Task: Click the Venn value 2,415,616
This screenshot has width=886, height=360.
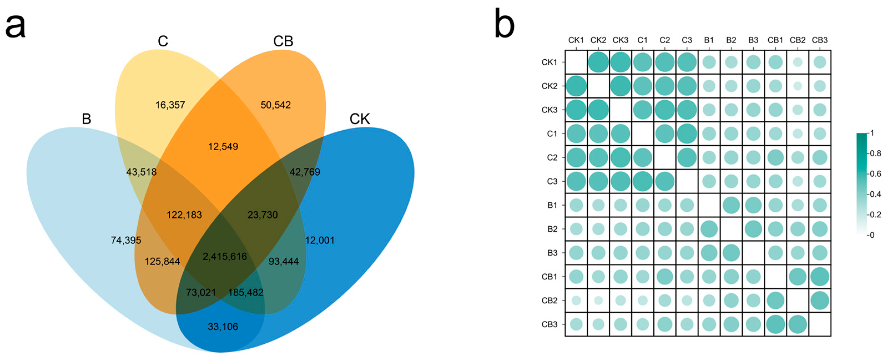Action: (224, 257)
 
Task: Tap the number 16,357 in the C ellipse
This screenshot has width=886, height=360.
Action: (170, 105)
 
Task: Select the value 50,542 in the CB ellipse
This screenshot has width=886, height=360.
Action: (276, 105)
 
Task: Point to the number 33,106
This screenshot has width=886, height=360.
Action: (223, 326)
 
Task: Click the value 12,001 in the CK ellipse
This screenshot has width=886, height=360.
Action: (320, 240)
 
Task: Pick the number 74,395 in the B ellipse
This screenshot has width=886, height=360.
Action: (126, 240)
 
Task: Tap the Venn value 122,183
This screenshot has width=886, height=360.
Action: (184, 215)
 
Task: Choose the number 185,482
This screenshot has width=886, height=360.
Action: (246, 293)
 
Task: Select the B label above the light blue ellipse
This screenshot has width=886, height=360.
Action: (86, 119)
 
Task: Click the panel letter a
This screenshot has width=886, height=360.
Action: (16, 27)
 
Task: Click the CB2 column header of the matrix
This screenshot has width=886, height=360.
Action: (797, 40)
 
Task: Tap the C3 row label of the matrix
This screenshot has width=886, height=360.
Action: (552, 181)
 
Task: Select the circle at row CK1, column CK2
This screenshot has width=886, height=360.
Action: (598, 62)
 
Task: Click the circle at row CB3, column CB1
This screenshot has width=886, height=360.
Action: (775, 324)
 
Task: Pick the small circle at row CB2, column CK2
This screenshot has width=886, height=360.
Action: (598, 301)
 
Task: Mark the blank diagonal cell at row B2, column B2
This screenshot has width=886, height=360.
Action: (731, 229)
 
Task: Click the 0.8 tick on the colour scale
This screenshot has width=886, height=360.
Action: (875, 153)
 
